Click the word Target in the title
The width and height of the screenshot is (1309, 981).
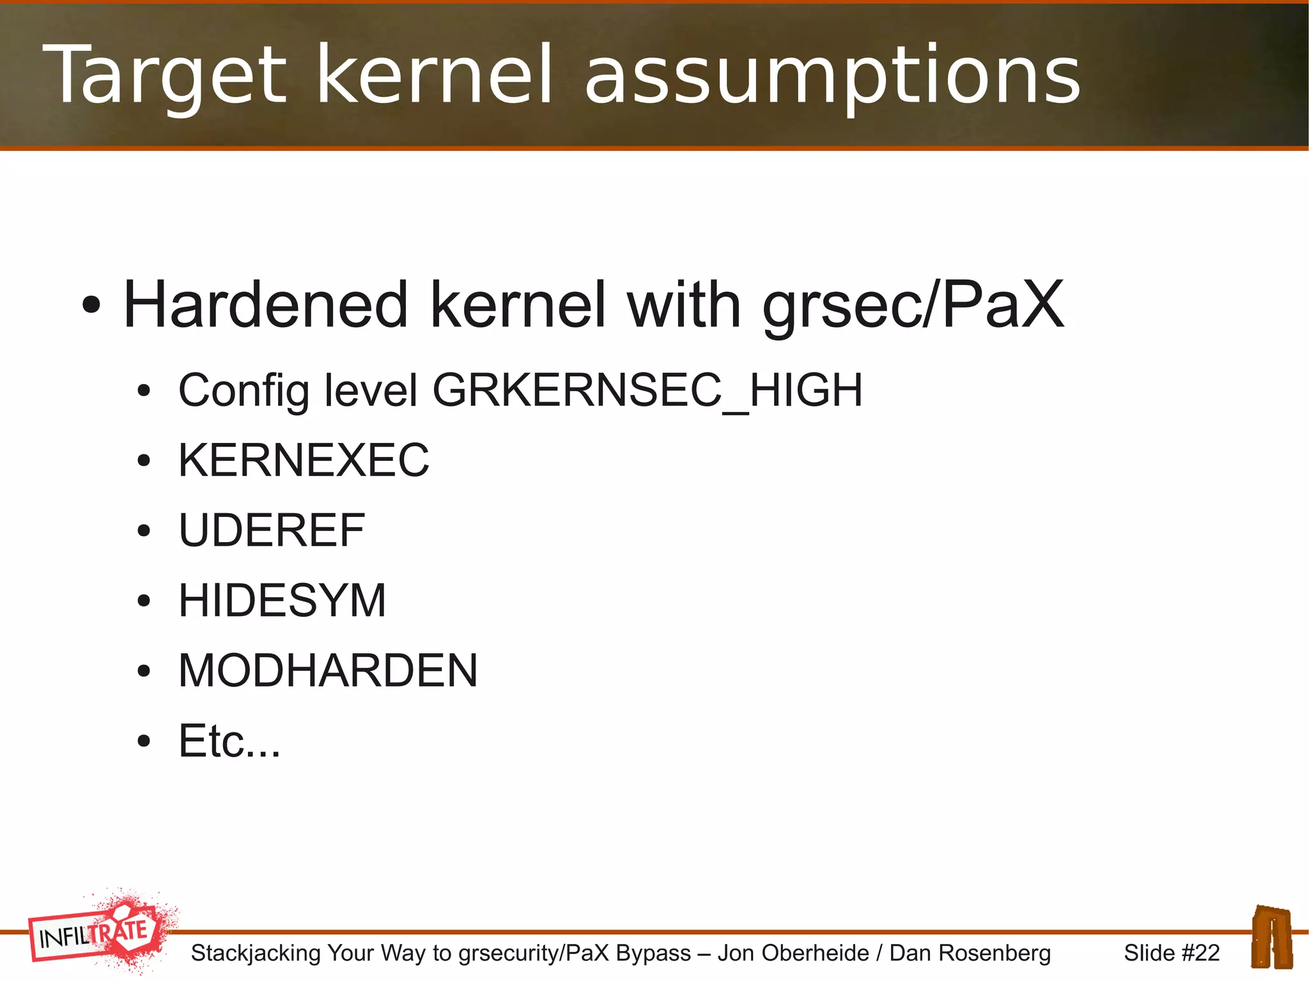pyautogui.click(x=165, y=75)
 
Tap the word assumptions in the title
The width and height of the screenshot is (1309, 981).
pyautogui.click(x=832, y=75)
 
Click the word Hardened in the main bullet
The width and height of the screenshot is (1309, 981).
pyautogui.click(x=265, y=305)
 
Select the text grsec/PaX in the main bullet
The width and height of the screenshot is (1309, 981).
pyautogui.click(x=913, y=305)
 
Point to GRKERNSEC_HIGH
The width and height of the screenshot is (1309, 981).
pyautogui.click(x=647, y=390)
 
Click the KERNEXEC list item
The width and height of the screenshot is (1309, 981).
pyautogui.click(x=304, y=460)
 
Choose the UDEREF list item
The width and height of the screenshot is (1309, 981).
pyautogui.click(x=272, y=530)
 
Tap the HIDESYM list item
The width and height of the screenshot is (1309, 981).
pyautogui.click(x=282, y=601)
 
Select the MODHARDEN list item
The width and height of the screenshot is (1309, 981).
pyautogui.click(x=328, y=671)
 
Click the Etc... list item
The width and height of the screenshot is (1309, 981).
pyautogui.click(x=229, y=741)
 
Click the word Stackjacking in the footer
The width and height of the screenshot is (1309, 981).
pyautogui.click(x=256, y=953)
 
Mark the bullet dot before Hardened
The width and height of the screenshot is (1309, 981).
pyautogui.click(x=91, y=305)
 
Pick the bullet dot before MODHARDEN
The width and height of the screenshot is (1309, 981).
pyautogui.click(x=144, y=672)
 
